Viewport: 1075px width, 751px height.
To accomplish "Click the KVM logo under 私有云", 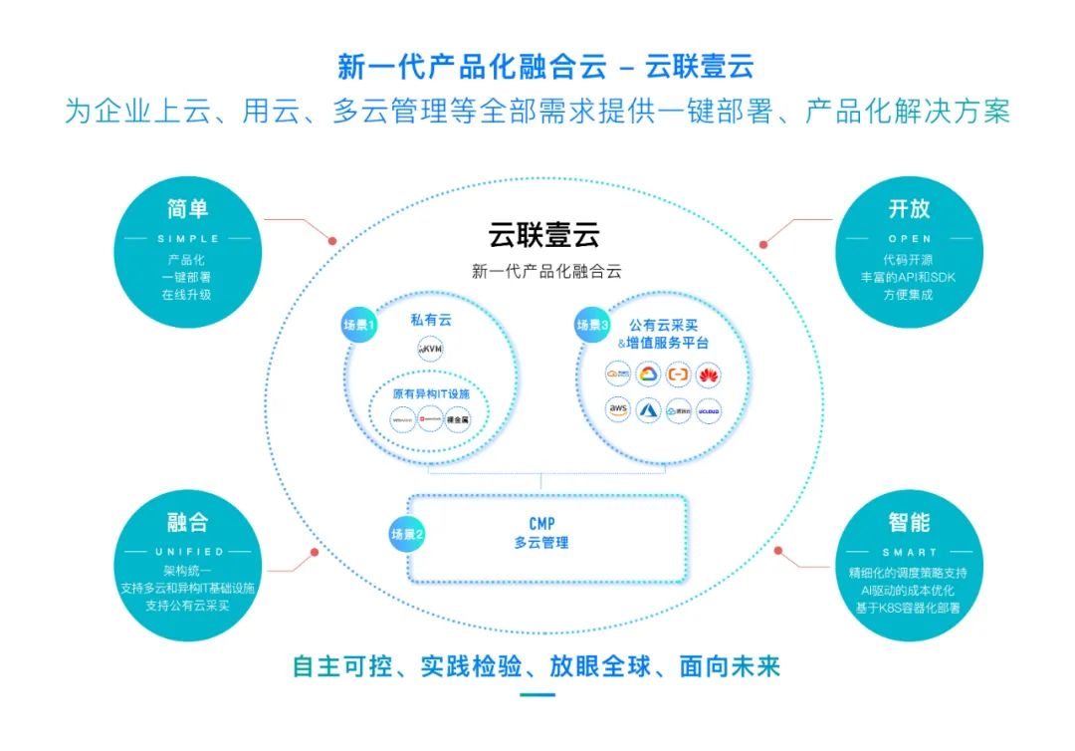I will (430, 350).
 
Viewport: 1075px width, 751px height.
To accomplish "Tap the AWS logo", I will (618, 409).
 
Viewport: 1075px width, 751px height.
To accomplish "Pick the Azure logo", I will (648, 409).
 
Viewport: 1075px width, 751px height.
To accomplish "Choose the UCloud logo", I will (708, 409).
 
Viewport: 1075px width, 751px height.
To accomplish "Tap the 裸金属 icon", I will (458, 421).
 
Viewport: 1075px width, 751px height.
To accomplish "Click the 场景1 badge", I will (360, 326).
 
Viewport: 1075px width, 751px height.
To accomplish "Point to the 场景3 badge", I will (593, 325).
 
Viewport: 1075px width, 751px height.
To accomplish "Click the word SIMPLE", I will (188, 239).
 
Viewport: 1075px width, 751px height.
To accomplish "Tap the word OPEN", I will (910, 239).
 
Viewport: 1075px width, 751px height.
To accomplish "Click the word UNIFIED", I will (188, 551).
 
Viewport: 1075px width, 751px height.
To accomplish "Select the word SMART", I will (910, 552).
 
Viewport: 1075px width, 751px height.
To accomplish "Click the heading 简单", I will (188, 209).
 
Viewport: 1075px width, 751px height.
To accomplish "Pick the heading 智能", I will (910, 522).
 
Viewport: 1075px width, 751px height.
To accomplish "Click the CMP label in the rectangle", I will (541, 523).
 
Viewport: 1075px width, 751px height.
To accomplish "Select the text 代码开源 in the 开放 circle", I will (909, 260).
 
